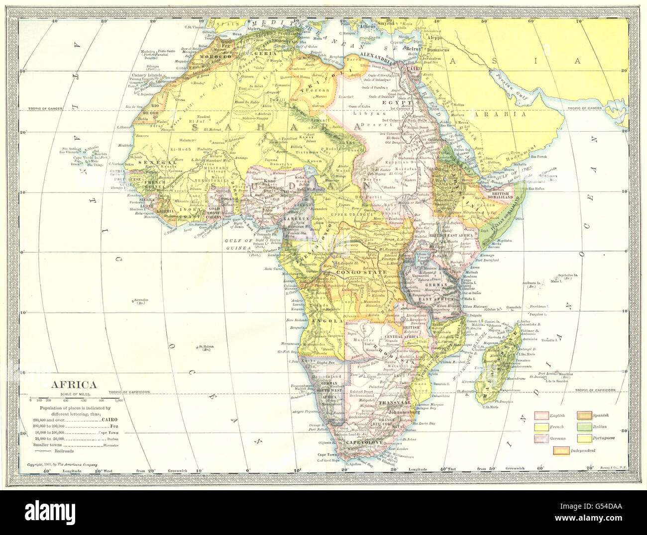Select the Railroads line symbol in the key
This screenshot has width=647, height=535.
coord(42,451)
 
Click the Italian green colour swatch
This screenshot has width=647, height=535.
coord(587,426)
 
